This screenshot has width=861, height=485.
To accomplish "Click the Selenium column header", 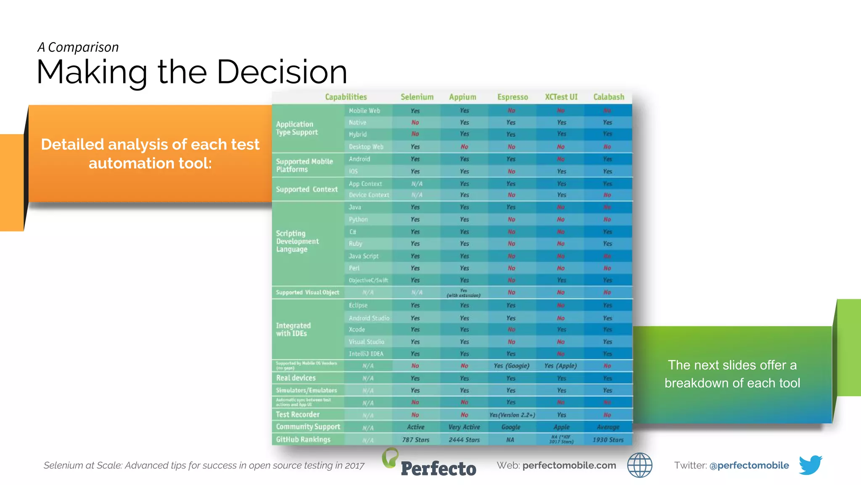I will tap(417, 97).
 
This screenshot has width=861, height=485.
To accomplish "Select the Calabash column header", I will tap(608, 97).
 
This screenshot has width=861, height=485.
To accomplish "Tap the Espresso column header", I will tap(512, 97).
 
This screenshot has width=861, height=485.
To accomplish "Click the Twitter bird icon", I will tap(810, 465).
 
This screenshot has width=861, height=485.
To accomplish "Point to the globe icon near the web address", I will tap(639, 465).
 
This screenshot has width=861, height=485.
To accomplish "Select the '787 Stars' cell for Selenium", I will tap(415, 440).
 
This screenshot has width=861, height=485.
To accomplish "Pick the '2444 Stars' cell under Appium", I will tap(464, 440).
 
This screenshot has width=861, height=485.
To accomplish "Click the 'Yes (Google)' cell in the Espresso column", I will tap(511, 366).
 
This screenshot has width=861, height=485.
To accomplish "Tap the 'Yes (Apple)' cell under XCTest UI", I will tap(560, 366).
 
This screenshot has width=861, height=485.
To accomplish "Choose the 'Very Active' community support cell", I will tap(464, 427).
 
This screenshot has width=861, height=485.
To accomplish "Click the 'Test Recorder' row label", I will tap(298, 415).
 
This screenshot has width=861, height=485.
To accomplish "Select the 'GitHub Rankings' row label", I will tap(303, 440).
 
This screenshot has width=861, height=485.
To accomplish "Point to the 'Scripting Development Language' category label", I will tap(297, 241).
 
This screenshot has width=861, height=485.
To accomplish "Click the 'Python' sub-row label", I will tap(358, 219).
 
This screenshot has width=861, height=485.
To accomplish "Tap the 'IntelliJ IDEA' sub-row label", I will tap(366, 354).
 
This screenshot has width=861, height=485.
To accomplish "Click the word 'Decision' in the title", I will tap(282, 72).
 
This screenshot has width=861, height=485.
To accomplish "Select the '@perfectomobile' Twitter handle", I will tap(749, 465).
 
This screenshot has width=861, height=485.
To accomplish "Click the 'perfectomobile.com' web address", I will tap(569, 465).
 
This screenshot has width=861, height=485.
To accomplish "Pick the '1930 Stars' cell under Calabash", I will tap(608, 440).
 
